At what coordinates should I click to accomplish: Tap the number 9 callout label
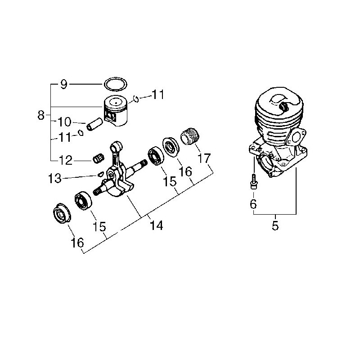[63, 84]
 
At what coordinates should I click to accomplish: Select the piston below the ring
[116, 111]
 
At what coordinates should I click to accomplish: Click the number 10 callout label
[64, 121]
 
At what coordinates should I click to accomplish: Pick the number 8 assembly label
[41, 115]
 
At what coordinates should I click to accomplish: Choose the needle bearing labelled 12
[99, 158]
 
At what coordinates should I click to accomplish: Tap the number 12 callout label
[66, 160]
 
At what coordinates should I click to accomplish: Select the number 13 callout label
[55, 178]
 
